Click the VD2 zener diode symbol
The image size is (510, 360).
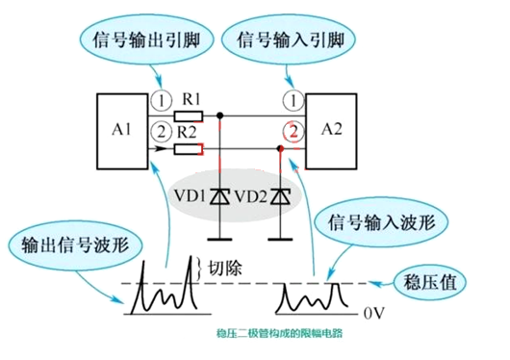tap(281, 196)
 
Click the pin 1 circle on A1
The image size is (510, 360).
tap(163, 101)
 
